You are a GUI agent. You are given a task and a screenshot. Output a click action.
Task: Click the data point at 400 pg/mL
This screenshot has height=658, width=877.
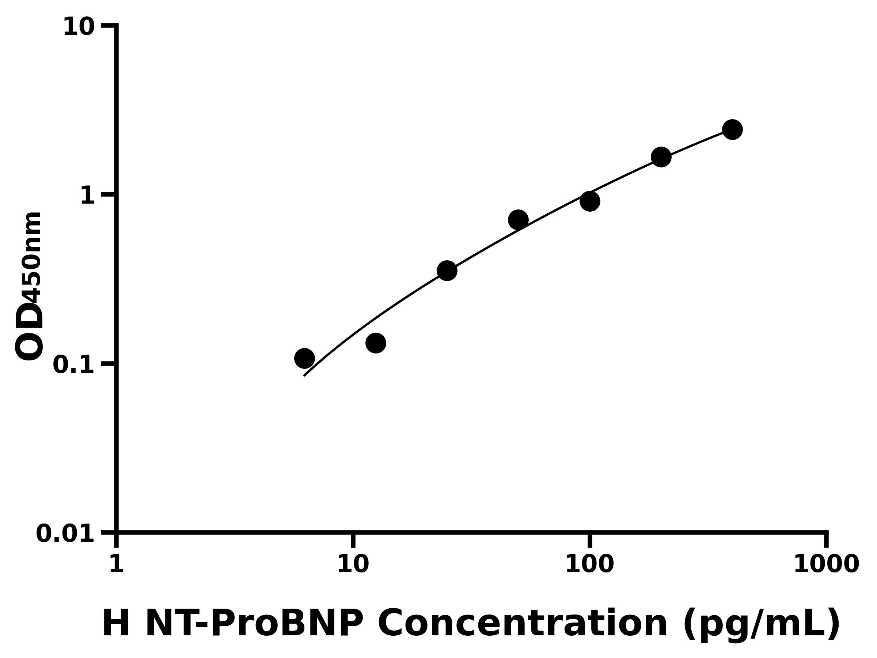(x=732, y=130)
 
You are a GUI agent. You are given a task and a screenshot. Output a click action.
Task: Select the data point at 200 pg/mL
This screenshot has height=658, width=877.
(x=661, y=157)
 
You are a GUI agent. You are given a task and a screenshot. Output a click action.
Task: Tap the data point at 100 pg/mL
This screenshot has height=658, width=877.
(x=589, y=201)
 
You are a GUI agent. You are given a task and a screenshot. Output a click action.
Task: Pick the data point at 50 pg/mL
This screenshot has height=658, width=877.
(x=518, y=220)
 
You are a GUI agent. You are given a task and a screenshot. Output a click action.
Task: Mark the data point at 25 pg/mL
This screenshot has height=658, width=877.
(x=447, y=271)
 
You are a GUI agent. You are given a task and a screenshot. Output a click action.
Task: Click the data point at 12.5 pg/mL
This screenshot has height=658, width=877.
(x=375, y=343)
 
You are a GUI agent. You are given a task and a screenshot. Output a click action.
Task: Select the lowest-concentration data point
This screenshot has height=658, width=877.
(x=304, y=359)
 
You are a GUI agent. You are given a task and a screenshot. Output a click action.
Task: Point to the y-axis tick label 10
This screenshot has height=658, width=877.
(x=79, y=28)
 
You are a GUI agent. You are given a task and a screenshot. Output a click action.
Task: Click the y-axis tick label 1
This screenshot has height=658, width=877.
(x=88, y=196)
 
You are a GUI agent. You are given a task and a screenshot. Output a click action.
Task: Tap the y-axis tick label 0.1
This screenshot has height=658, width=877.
(x=74, y=365)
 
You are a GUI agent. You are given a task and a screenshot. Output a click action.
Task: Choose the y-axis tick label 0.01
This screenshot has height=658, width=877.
(x=65, y=534)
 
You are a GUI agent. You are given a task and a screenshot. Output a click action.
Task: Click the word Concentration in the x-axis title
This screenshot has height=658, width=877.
(x=523, y=624)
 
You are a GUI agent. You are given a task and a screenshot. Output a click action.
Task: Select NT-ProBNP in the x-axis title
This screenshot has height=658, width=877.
(x=254, y=624)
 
